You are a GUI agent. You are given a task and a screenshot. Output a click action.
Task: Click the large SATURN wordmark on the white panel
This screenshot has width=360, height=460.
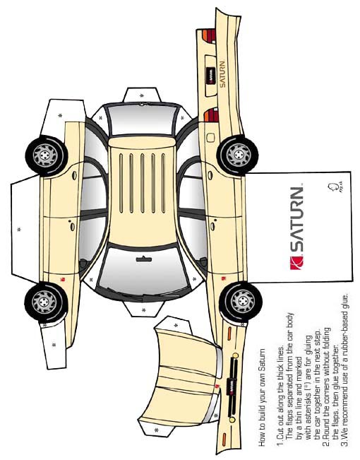point(296,219)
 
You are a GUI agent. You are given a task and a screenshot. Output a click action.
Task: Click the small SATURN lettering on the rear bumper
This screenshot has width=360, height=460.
point(223,74)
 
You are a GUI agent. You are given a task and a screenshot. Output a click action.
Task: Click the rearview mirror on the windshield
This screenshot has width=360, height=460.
point(144,259)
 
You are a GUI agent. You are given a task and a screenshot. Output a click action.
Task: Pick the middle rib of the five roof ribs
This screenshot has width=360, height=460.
point(142,183)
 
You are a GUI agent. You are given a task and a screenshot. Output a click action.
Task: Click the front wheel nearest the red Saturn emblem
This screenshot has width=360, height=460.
point(241,301)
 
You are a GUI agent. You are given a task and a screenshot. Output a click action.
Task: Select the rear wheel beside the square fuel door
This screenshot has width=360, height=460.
point(238,155)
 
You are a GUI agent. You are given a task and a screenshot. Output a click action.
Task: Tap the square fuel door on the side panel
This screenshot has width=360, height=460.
point(210,138)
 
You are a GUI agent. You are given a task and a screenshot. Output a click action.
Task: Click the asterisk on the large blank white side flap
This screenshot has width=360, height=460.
point(19,229)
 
